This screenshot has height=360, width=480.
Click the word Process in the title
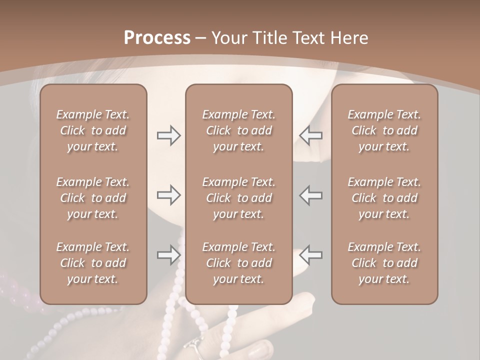pyautogui.click(x=157, y=38)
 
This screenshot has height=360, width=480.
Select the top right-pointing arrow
pyautogui.click(x=168, y=135)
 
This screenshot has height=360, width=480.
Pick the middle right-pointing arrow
pyautogui.click(x=168, y=195)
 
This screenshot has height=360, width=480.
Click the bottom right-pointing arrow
pyautogui.click(x=168, y=255)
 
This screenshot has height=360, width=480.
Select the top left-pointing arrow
pyautogui.click(x=310, y=135)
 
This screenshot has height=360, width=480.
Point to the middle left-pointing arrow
pyautogui.click(x=310, y=195)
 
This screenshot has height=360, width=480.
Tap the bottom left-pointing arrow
pyautogui.click(x=310, y=255)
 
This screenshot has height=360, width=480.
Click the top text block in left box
pyautogui.click(x=93, y=130)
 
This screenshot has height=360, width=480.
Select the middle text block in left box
pyautogui.click(x=93, y=198)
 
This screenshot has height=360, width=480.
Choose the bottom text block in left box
pyautogui.click(x=93, y=263)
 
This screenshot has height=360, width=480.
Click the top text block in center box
pyautogui.click(x=238, y=130)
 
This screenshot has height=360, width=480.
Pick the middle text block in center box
pyautogui.click(x=238, y=198)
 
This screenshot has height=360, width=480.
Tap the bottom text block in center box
pyautogui.click(x=238, y=263)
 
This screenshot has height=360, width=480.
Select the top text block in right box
pyautogui.click(x=384, y=130)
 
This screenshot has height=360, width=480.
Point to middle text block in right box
pyautogui.click(x=384, y=198)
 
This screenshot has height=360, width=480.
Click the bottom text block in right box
pyautogui.click(x=384, y=263)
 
